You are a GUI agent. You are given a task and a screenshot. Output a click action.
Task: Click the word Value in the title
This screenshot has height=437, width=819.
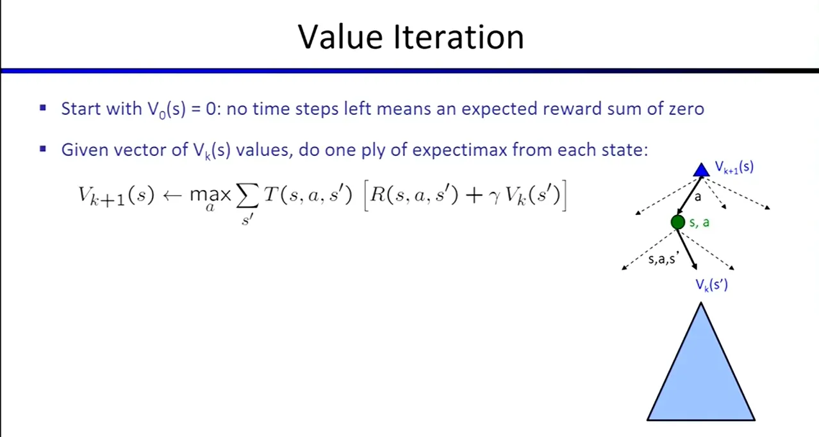tap(340, 37)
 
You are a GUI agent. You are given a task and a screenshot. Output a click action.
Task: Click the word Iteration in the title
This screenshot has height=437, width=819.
tap(459, 37)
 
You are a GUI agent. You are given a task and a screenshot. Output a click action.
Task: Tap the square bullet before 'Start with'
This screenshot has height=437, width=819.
tap(43, 108)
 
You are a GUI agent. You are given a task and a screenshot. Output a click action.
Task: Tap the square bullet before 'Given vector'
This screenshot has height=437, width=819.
tap(43, 149)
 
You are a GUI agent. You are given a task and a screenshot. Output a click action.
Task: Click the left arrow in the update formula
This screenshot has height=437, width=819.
tap(172, 196)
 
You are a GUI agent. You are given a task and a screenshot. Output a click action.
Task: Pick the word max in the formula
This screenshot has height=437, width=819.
tap(210, 195)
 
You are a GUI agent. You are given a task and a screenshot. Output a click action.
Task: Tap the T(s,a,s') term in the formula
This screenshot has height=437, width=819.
tap(308, 194)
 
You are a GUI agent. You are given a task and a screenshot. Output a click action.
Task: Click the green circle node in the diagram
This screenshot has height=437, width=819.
tap(677, 222)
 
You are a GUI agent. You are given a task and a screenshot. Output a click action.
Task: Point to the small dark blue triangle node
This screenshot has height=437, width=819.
tap(701, 171)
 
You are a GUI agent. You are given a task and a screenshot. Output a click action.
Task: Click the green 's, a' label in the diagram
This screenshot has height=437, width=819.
tap(699, 223)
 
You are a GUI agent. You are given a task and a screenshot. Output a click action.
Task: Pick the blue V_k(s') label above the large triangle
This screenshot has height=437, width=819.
tap(711, 285)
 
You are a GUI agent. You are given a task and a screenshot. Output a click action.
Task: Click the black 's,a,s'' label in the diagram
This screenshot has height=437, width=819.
tap(663, 259)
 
